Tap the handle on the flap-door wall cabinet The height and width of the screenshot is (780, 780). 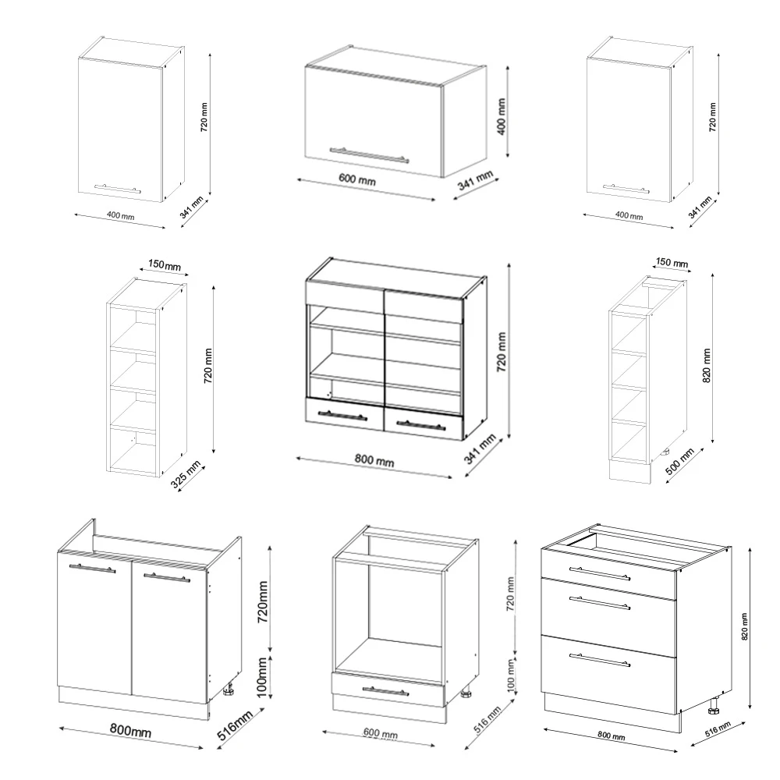pyautogui.click(x=369, y=154)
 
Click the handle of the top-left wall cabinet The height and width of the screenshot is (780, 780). pyautogui.click(x=117, y=188)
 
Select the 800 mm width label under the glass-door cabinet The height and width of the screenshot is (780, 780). pyautogui.click(x=373, y=461)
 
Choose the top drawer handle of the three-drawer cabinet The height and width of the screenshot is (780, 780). pyautogui.click(x=600, y=573)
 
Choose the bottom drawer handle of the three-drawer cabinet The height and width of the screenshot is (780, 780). pyautogui.click(x=600, y=660)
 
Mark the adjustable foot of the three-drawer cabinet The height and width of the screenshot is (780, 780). pyautogui.click(x=713, y=708)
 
